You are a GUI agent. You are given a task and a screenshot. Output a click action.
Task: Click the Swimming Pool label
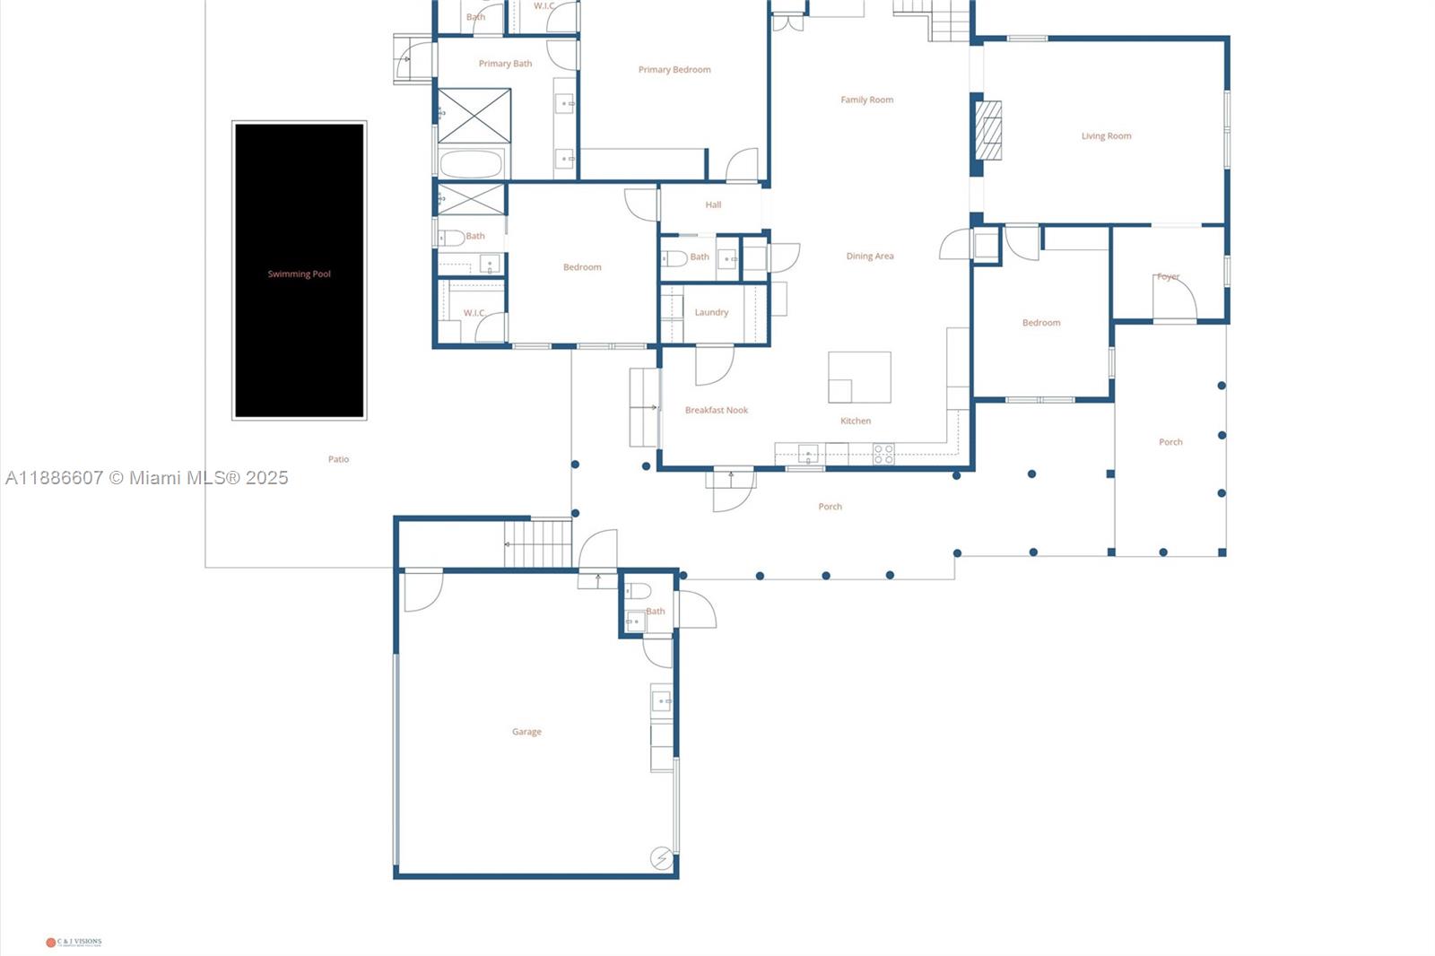299,274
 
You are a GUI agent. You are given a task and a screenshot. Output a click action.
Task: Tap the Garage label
526,732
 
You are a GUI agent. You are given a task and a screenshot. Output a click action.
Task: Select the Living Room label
1106,136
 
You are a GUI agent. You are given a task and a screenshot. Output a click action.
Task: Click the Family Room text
866,100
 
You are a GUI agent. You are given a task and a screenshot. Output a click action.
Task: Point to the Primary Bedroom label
674,69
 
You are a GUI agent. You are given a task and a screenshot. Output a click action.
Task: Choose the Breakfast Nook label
716,410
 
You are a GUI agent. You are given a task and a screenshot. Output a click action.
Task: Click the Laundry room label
711,312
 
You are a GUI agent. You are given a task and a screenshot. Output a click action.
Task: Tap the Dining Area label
869,256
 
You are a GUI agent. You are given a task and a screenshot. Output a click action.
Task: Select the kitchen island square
859,377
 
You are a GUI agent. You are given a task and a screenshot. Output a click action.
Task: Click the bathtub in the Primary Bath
472,165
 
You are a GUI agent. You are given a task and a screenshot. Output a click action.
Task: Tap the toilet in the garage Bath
638,590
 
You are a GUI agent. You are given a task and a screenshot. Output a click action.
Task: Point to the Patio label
338,459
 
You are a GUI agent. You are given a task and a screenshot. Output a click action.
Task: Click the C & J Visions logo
74,942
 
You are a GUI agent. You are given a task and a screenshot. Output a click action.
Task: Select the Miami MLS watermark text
147,478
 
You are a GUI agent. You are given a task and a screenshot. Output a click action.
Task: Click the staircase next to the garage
537,543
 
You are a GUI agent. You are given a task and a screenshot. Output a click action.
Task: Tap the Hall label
713,204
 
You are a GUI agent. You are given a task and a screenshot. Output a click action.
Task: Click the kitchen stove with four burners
883,454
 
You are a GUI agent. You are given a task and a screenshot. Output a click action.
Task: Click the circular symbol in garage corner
661,858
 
